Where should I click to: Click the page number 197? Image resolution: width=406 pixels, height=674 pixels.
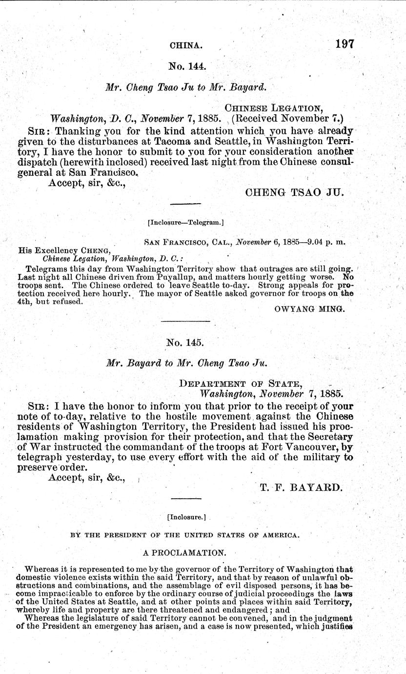[344, 43]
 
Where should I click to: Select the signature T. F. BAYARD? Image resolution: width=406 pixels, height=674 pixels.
[301, 487]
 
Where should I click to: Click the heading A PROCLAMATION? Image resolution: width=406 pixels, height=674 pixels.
[183, 553]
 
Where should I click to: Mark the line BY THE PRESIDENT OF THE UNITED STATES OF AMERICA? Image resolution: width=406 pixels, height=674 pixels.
[184, 535]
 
